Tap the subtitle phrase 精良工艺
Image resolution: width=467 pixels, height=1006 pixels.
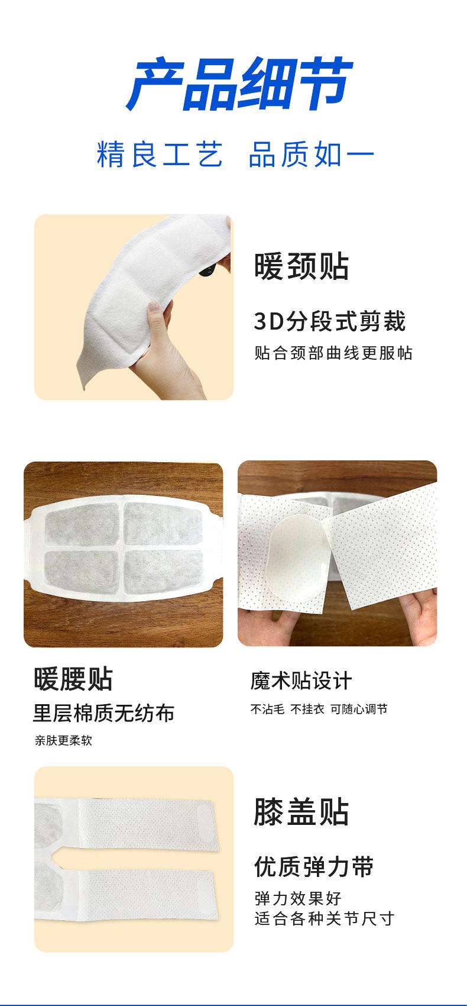[160, 155]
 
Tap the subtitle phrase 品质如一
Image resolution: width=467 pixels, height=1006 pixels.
[312, 155]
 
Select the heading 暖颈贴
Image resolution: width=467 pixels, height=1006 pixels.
[301, 266]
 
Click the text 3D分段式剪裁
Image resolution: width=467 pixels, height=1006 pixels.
[330, 321]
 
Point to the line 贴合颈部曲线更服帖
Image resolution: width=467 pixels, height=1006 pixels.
[333, 353]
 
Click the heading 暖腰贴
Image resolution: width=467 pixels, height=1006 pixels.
[73, 679]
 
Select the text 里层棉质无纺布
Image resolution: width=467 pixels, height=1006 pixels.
[103, 713]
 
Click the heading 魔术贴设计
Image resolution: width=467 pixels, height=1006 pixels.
[300, 681]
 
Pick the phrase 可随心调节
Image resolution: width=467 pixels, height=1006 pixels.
[359, 709]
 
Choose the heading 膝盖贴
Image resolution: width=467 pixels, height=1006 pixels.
[301, 812]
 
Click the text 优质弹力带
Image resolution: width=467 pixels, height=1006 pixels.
[314, 867]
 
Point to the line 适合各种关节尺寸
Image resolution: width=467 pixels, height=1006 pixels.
[324, 919]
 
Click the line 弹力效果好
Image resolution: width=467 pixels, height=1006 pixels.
[298, 898]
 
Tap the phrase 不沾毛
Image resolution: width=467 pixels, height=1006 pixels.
[267, 709]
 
